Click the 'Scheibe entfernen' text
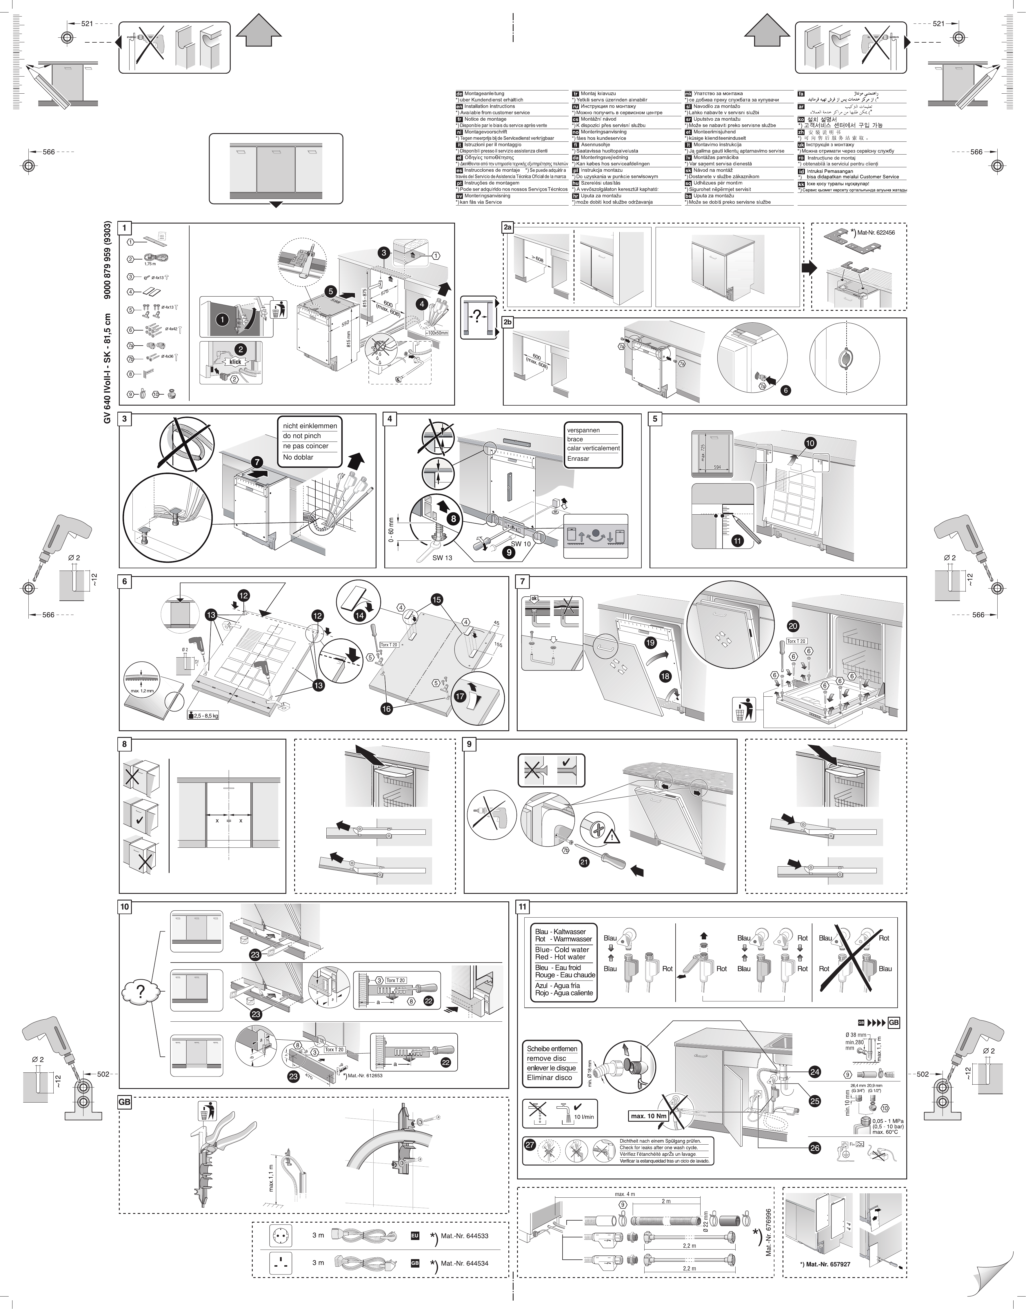coord(552,1048)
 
